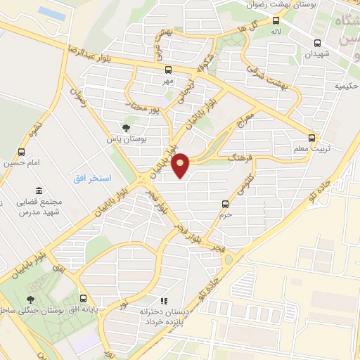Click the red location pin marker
tap(181, 165)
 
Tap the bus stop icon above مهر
tap(167, 70)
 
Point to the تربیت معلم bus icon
tap(312, 137)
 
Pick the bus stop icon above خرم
tap(225, 204)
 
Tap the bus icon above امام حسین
tap(22, 152)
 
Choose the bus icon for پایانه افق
tap(84, 297)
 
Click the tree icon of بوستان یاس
tap(126, 128)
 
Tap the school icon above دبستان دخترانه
tap(164, 301)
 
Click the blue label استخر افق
tap(92, 179)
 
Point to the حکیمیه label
tap(347, 86)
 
